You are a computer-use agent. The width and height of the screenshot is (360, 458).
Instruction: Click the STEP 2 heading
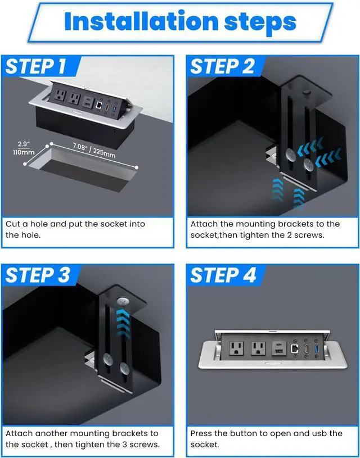[x=223, y=66]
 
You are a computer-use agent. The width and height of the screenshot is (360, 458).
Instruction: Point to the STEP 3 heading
[x=38, y=275]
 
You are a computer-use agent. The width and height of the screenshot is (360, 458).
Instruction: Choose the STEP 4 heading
[x=223, y=275]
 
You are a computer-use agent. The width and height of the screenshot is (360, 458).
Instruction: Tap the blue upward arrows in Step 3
[x=123, y=325]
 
